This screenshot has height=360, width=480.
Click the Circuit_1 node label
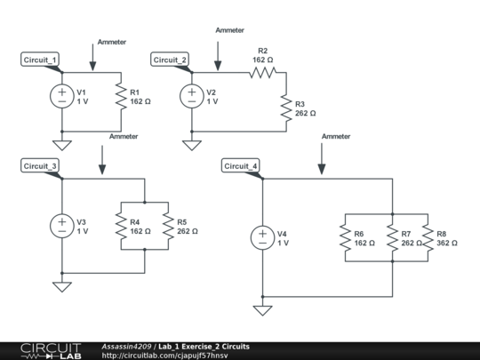click(40, 60)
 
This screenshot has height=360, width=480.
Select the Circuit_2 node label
click(170, 60)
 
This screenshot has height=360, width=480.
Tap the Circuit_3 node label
click(40, 165)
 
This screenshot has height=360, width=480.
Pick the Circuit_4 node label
click(241, 166)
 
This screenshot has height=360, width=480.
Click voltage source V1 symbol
click(62, 96)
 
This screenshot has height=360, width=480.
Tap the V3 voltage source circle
click(62, 226)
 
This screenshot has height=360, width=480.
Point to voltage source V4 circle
click(263, 237)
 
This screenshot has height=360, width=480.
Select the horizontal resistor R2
click(263, 73)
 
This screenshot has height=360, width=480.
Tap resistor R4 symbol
click(119, 226)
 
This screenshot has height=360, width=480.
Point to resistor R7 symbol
click(391, 237)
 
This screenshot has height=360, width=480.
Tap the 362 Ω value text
click(448, 243)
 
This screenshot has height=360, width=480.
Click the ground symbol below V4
click(263, 309)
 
